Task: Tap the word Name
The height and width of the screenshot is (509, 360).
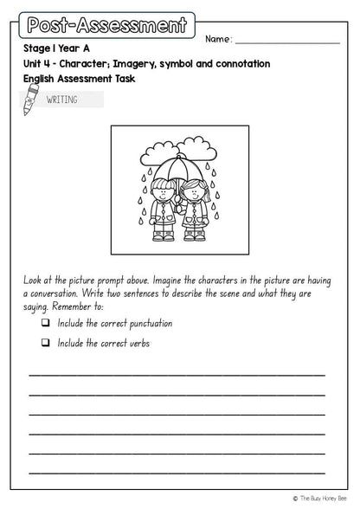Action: (x=218, y=39)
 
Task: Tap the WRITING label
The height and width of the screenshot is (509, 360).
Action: (x=62, y=100)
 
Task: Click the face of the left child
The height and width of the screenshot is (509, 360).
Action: (x=162, y=192)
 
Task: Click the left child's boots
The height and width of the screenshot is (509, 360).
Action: (x=163, y=234)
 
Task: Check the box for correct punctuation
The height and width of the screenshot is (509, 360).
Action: (x=45, y=323)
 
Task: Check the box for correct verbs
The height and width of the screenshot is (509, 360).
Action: (x=45, y=343)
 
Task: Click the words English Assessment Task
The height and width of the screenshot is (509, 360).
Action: (x=80, y=79)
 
